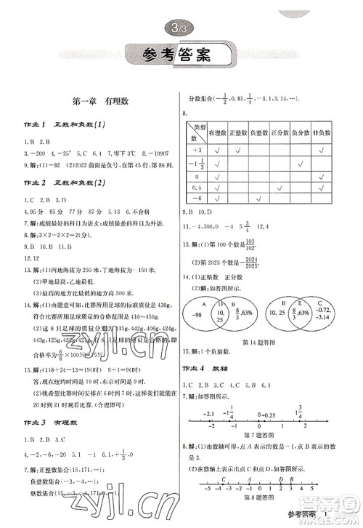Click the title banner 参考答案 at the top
click(x=181, y=55)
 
